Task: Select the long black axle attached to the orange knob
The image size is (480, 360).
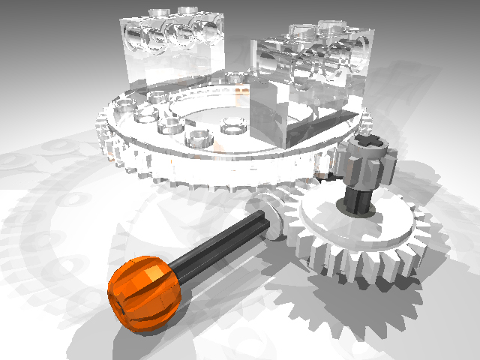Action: [x=217, y=240]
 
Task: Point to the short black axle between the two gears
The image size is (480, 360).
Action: [x=358, y=199]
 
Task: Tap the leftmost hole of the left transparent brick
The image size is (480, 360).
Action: [x=142, y=37]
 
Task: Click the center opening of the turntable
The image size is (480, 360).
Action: [x=217, y=112]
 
